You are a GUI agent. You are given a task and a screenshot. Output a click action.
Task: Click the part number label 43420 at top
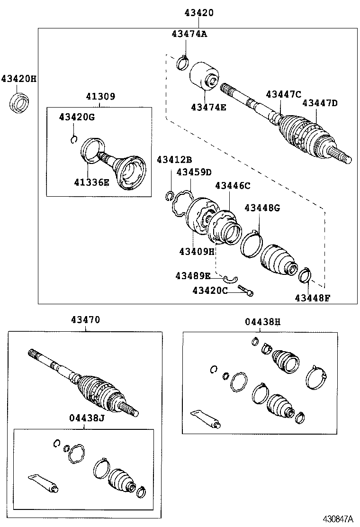[x=198, y=13]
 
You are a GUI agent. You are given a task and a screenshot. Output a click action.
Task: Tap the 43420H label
[x=18, y=79]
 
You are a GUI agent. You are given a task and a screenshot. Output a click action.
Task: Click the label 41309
[x=100, y=97]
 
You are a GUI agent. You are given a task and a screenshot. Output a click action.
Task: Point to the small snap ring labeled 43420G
[x=73, y=138]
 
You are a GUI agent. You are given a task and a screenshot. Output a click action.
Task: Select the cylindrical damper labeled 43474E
[x=204, y=76]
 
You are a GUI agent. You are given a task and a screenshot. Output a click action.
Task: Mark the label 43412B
[x=175, y=160]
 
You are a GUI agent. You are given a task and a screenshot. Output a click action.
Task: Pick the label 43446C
[x=232, y=186]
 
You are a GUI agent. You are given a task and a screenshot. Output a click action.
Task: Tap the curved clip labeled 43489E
[x=231, y=278]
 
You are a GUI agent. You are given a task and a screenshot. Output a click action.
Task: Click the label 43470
[x=85, y=320]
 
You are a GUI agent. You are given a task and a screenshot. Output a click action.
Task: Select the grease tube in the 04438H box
[x=205, y=418]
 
